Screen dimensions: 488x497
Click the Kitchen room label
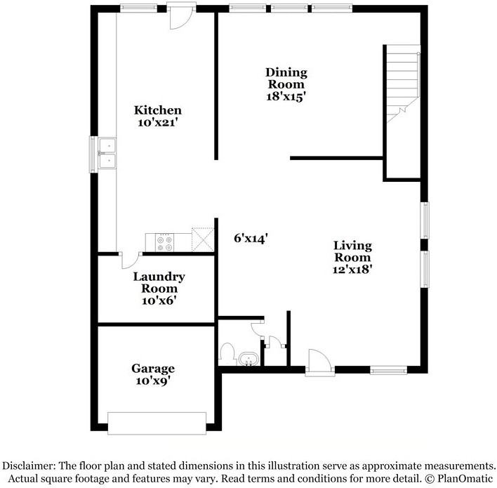[158, 110]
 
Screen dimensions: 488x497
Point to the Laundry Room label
[159, 282]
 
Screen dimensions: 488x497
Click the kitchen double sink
[107, 154]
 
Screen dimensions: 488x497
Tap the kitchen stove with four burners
[165, 242]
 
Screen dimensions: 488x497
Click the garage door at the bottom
[157, 423]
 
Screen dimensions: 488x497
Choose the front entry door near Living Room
[318, 362]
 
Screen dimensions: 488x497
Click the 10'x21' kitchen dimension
[158, 123]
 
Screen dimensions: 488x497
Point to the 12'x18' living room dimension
[352, 268]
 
